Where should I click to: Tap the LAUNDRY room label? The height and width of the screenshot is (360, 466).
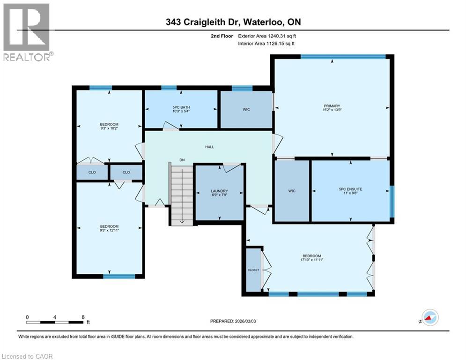[219, 191]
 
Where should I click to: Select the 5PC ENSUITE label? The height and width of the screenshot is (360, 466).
[351, 189]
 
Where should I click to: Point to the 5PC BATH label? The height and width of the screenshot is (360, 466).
[181, 108]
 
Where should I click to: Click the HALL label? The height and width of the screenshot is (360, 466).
[209, 147]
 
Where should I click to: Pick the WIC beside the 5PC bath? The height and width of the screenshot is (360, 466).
[246, 110]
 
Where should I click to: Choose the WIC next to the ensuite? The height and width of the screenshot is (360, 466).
[292, 191]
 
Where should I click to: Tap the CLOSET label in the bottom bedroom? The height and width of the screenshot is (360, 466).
[253, 270]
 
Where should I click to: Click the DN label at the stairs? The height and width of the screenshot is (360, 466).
[182, 160]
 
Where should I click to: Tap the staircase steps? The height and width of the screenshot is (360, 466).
[181, 195]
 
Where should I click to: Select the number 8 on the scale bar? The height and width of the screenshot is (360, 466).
[83, 317]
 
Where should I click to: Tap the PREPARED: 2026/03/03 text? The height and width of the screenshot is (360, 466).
[233, 321]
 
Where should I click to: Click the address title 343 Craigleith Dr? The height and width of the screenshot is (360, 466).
[233, 22]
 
